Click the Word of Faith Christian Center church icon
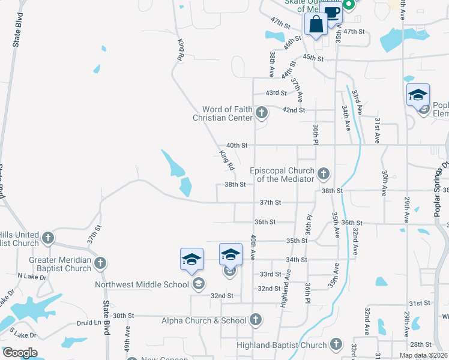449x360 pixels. click(262, 112)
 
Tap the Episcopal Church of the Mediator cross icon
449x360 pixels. click(324, 174)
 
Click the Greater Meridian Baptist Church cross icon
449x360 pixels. click(100, 263)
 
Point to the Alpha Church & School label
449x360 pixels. click(204, 320)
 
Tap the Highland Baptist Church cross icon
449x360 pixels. click(335, 344)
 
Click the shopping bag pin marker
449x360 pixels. click(316, 25)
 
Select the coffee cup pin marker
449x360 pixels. click(331, 13)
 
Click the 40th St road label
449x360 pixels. click(237, 145)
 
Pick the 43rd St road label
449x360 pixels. click(277, 93)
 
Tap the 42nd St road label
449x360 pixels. click(294, 110)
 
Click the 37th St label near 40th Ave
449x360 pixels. click(270, 203)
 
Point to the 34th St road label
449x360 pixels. click(297, 260)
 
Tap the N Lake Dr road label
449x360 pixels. click(28, 275)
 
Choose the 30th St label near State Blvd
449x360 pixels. click(123, 316)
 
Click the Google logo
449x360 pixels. click(20, 353)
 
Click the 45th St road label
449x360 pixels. click(313, 58)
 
